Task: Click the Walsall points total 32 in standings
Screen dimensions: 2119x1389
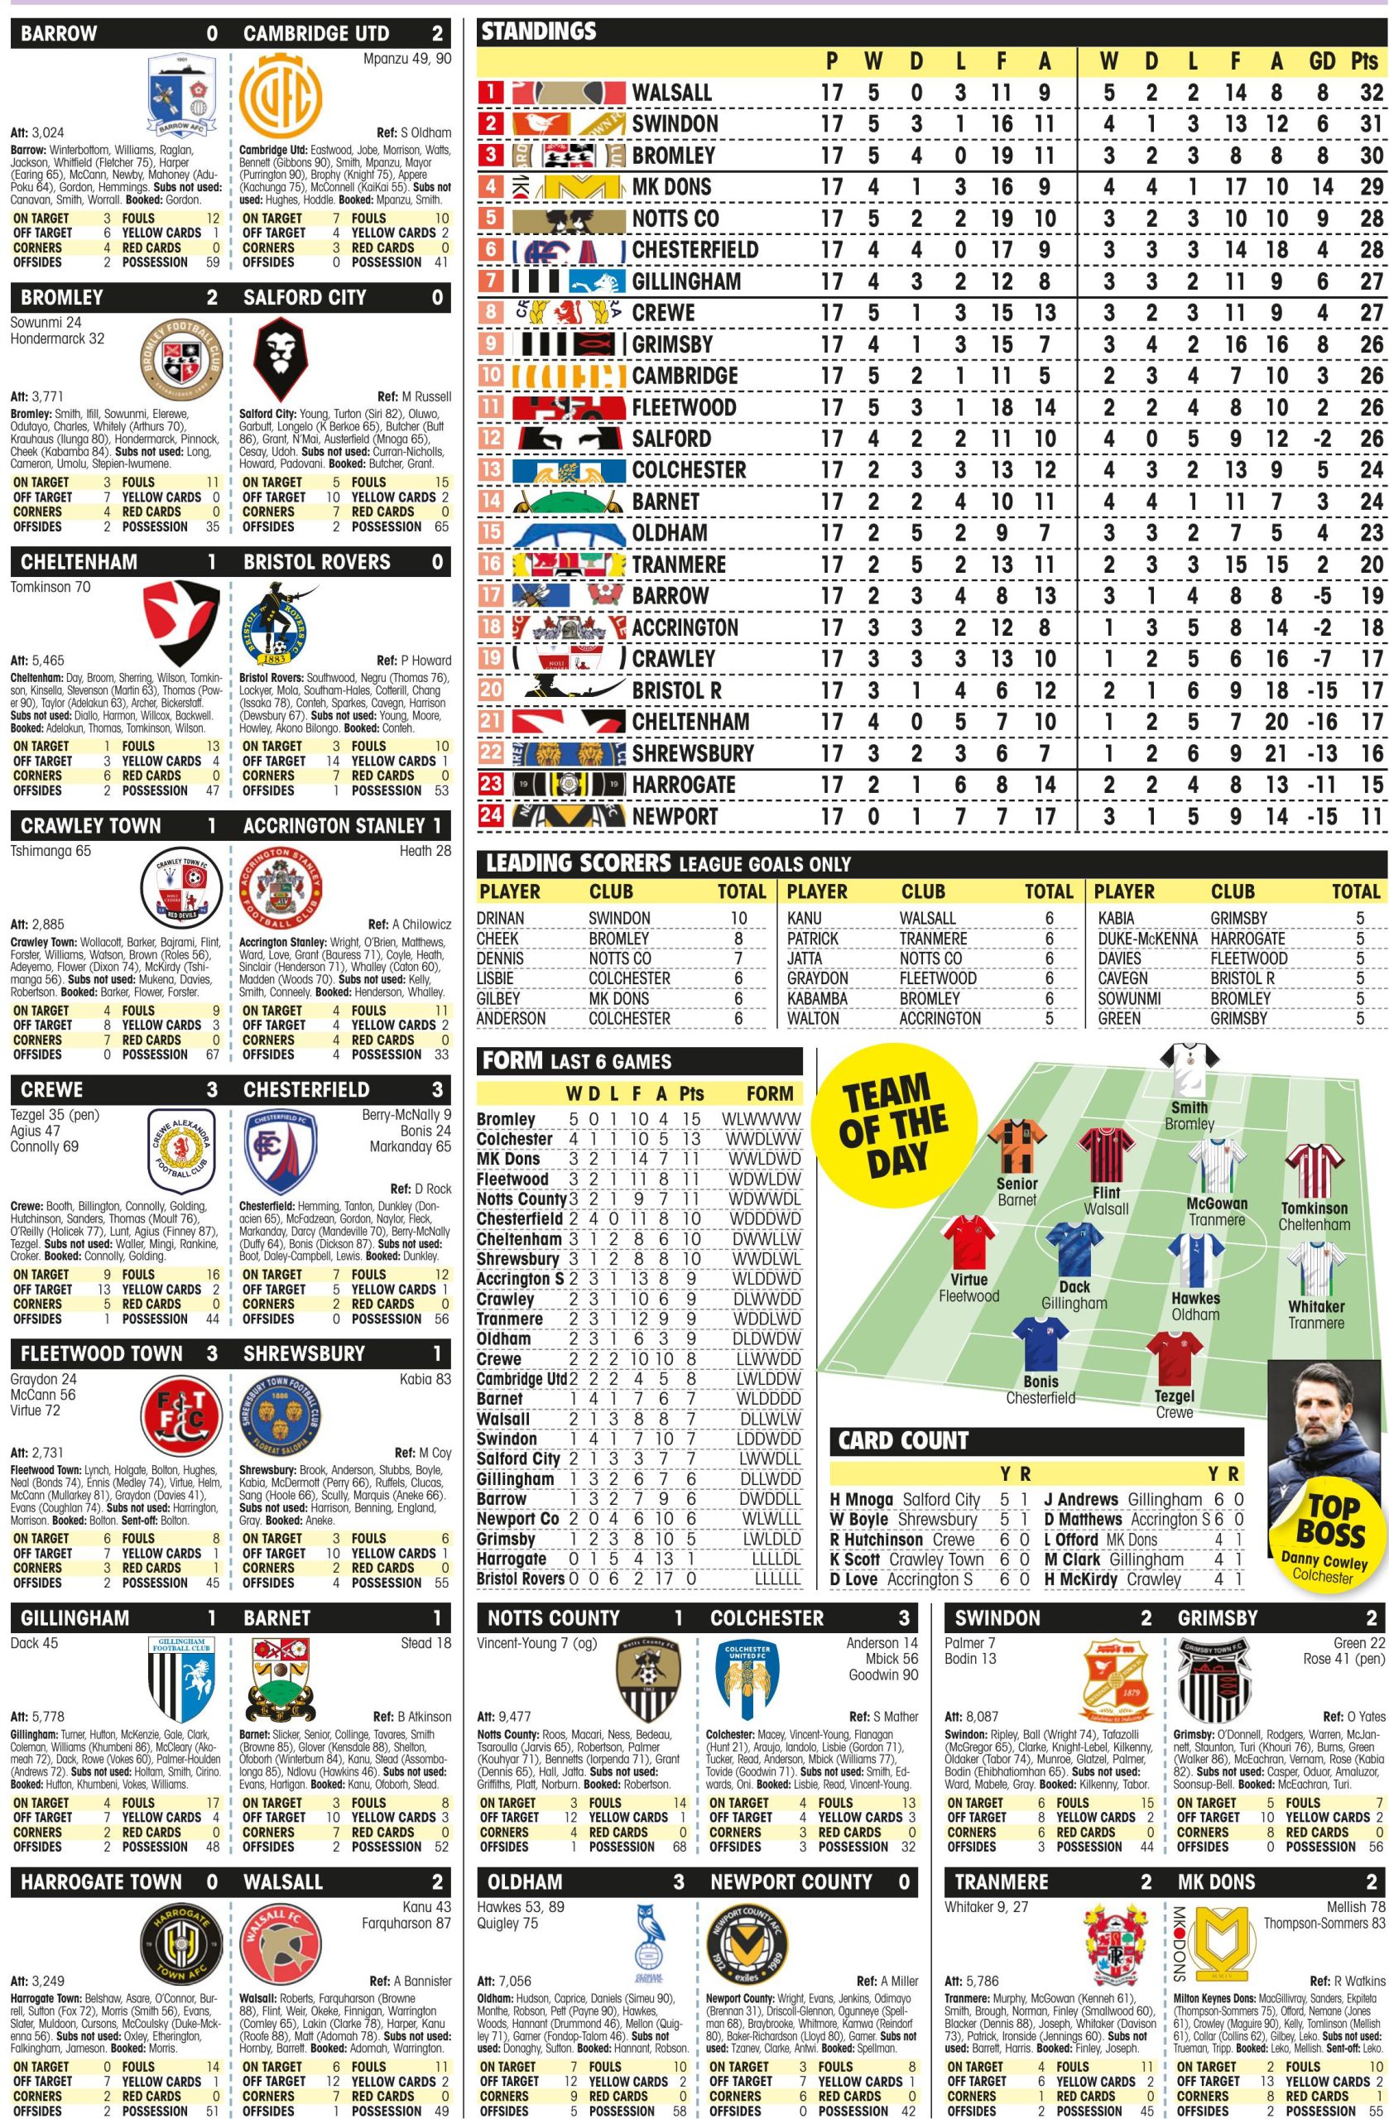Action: coord(1370,93)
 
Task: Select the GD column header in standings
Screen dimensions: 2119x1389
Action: coord(1322,60)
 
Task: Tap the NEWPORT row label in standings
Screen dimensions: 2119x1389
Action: coord(675,816)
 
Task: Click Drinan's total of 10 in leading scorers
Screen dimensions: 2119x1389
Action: coord(739,918)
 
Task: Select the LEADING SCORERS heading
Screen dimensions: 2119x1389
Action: coord(579,862)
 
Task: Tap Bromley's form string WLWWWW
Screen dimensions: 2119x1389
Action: coord(762,1119)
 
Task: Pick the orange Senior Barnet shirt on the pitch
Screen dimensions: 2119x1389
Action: coord(1017,1146)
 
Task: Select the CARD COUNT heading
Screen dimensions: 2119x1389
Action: coord(903,1440)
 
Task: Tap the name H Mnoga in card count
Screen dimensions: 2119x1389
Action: coord(861,1500)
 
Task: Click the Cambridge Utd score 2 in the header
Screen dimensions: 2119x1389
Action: coord(437,34)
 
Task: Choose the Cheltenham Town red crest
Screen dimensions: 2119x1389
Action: coord(180,622)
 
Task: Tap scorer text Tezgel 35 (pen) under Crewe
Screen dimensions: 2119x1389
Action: coord(55,1115)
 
